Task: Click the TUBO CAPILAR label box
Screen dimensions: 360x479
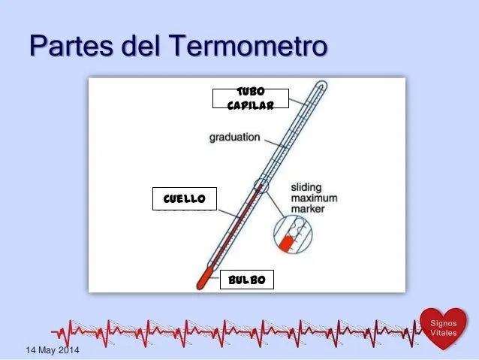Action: pyautogui.click(x=249, y=98)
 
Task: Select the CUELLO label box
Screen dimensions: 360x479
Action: pyautogui.click(x=184, y=198)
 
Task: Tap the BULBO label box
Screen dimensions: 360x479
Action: pyautogui.click(x=247, y=280)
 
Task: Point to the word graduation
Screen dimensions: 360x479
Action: pyautogui.click(x=235, y=138)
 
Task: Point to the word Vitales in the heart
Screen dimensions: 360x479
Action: pyautogui.click(x=441, y=332)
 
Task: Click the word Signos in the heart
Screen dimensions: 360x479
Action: pyautogui.click(x=441, y=321)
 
